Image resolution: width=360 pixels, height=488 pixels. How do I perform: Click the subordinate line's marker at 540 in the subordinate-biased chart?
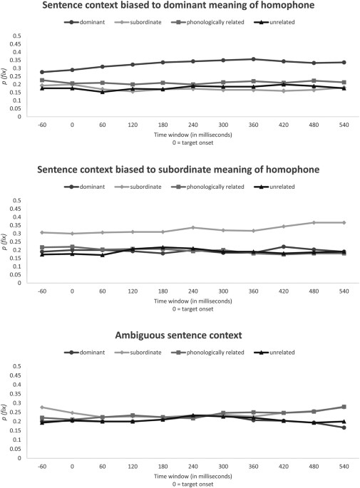coord(344,223)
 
